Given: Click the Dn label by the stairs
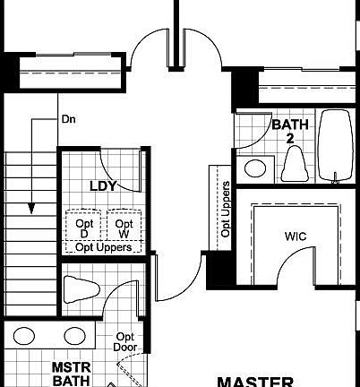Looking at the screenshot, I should (68, 118).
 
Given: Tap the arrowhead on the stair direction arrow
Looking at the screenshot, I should (32, 208).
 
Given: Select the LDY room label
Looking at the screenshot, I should (105, 186).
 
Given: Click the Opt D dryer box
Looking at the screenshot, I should (83, 228).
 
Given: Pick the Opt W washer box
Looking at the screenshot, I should (124, 228).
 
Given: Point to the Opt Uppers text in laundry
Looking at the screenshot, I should (103, 247).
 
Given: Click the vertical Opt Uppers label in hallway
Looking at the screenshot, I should (226, 210).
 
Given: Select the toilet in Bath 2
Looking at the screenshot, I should (293, 164).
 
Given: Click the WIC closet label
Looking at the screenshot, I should (296, 237).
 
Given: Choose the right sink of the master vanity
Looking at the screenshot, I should (73, 338).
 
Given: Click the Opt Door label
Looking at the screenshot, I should (124, 341).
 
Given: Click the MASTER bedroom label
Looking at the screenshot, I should (255, 380).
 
